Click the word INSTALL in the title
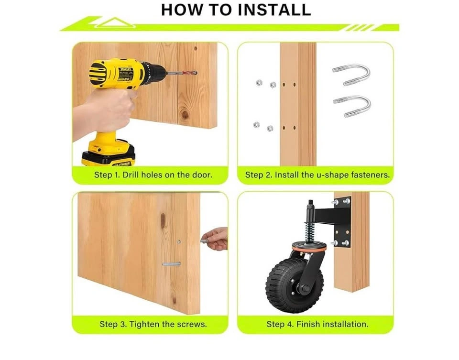tap(274, 10)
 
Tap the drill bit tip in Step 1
tap(196, 73)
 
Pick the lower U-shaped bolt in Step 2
tap(352, 106)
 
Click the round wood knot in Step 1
tap(184, 114)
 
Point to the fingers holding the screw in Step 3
tap(216, 239)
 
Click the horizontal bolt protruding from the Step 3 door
tap(171, 264)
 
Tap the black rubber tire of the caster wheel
tap(295, 285)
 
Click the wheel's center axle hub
tap(305, 289)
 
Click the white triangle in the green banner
tap(115, 22)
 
